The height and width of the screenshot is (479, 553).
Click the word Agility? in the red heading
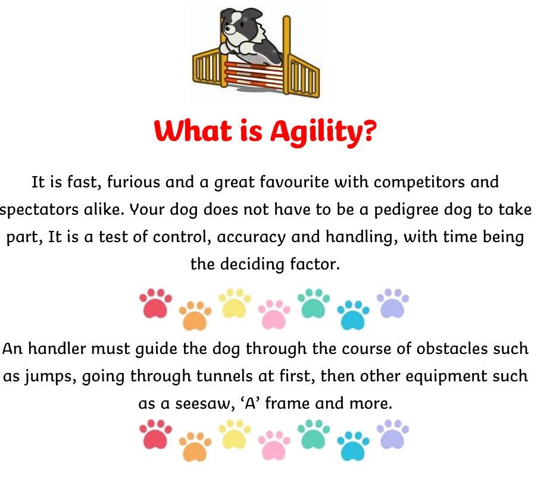(323, 133)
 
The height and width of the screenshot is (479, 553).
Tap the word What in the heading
(193, 131)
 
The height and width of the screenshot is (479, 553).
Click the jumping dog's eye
(228, 29)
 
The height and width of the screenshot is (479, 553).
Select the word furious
(134, 183)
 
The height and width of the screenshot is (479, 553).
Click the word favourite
(295, 182)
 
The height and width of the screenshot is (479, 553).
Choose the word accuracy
(251, 237)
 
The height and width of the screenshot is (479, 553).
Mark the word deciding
(252, 265)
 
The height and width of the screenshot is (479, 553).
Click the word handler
(57, 349)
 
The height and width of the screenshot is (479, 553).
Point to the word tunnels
(224, 376)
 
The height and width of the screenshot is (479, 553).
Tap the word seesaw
(205, 404)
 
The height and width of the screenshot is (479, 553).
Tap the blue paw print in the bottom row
(353, 446)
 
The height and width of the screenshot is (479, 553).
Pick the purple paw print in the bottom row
(392, 434)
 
